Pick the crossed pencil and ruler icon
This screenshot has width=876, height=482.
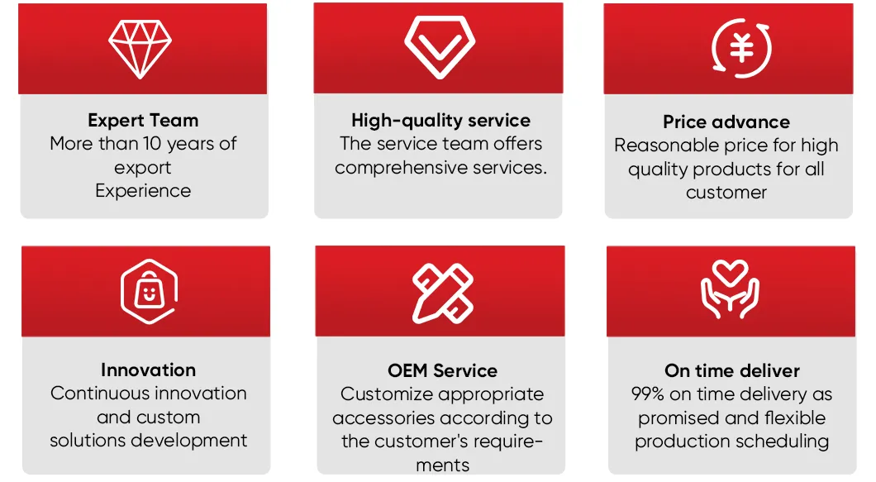(x=443, y=293)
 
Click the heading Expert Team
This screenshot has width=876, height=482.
(x=143, y=120)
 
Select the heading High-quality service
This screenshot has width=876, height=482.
(x=440, y=121)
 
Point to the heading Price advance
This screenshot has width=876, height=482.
(x=726, y=122)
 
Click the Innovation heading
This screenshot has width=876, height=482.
(x=148, y=370)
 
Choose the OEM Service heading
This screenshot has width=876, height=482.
(x=442, y=370)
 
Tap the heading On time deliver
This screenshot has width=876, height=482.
(x=732, y=370)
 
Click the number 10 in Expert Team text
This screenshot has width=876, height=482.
(x=152, y=144)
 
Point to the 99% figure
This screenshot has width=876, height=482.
(x=648, y=394)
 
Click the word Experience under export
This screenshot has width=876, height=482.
(x=143, y=191)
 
